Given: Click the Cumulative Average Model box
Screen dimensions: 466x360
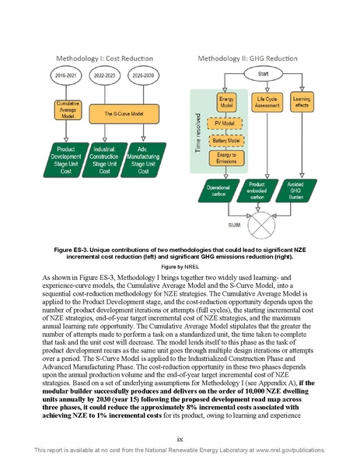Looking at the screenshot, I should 64,110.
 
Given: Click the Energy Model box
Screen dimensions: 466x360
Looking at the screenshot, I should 227,103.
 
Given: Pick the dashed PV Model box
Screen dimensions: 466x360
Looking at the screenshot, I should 227,123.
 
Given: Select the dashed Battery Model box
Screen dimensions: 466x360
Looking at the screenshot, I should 227,140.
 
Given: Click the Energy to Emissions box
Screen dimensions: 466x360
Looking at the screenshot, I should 227,159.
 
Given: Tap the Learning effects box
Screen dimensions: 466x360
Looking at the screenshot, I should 303,103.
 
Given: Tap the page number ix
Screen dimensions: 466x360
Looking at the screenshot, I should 180,437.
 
